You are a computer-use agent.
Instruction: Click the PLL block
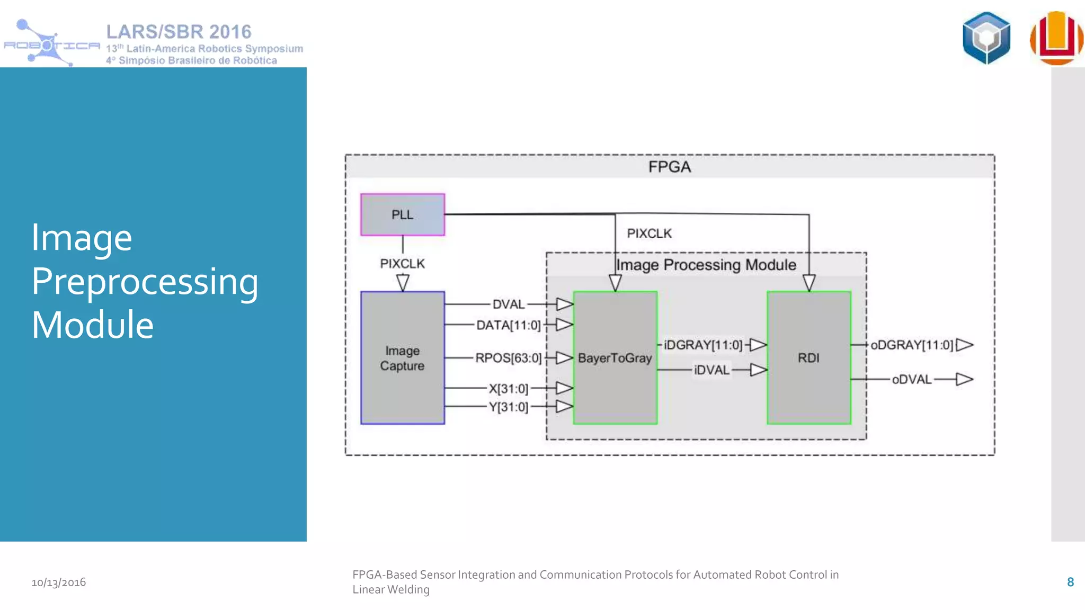pyautogui.click(x=403, y=214)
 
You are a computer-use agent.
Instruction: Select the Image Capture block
pyautogui.click(x=403, y=358)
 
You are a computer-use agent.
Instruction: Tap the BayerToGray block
pyautogui.click(x=615, y=358)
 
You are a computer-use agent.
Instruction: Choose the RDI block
pyautogui.click(x=808, y=358)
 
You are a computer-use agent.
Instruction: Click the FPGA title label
pyautogui.click(x=669, y=167)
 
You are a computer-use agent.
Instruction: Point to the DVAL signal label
pyautogui.click(x=508, y=304)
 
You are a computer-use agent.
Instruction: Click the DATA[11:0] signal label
pyautogui.click(x=508, y=325)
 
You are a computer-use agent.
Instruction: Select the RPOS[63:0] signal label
pyautogui.click(x=508, y=358)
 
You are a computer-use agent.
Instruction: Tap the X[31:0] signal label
pyautogui.click(x=508, y=389)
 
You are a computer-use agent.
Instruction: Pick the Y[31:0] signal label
pyautogui.click(x=508, y=407)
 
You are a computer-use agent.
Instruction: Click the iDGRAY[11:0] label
pyautogui.click(x=702, y=345)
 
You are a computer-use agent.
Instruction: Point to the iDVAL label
pyautogui.click(x=712, y=370)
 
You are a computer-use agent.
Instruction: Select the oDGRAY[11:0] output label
pyautogui.click(x=912, y=345)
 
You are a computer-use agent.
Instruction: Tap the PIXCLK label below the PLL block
pyautogui.click(x=402, y=264)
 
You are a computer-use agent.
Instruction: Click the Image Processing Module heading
pyautogui.click(x=706, y=265)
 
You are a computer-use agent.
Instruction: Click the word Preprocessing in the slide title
pyautogui.click(x=145, y=281)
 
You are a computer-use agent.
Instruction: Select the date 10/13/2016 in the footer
pyautogui.click(x=58, y=582)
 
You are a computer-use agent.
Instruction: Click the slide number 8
pyautogui.click(x=1070, y=582)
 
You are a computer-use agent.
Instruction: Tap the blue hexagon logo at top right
pyautogui.click(x=986, y=38)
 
